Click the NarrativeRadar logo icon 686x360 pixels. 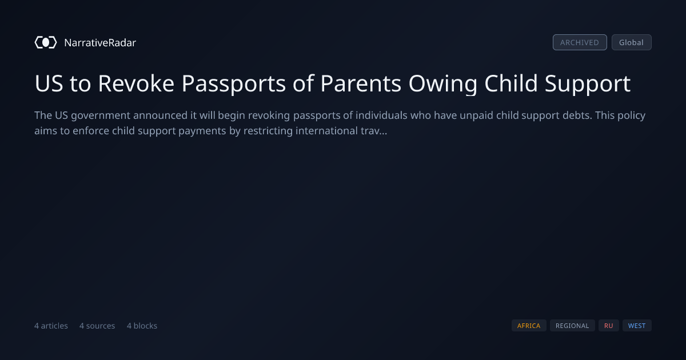click(x=46, y=42)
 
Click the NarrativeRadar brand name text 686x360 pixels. click(x=100, y=43)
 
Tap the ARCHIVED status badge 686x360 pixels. click(x=580, y=42)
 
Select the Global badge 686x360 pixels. click(x=632, y=42)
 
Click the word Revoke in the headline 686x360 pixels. click(x=136, y=83)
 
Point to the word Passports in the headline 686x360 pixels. click(x=234, y=84)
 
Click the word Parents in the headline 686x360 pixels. click(x=361, y=83)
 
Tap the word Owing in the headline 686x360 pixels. click(x=443, y=84)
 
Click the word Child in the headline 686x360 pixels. click(x=511, y=83)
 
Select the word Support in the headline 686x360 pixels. click(x=588, y=84)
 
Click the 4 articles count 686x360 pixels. click(x=51, y=326)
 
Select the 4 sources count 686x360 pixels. click(x=97, y=326)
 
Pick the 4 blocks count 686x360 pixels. click(x=142, y=326)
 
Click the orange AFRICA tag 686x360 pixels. click(x=529, y=326)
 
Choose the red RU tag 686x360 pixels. click(x=609, y=326)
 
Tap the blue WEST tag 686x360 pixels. click(x=637, y=326)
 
